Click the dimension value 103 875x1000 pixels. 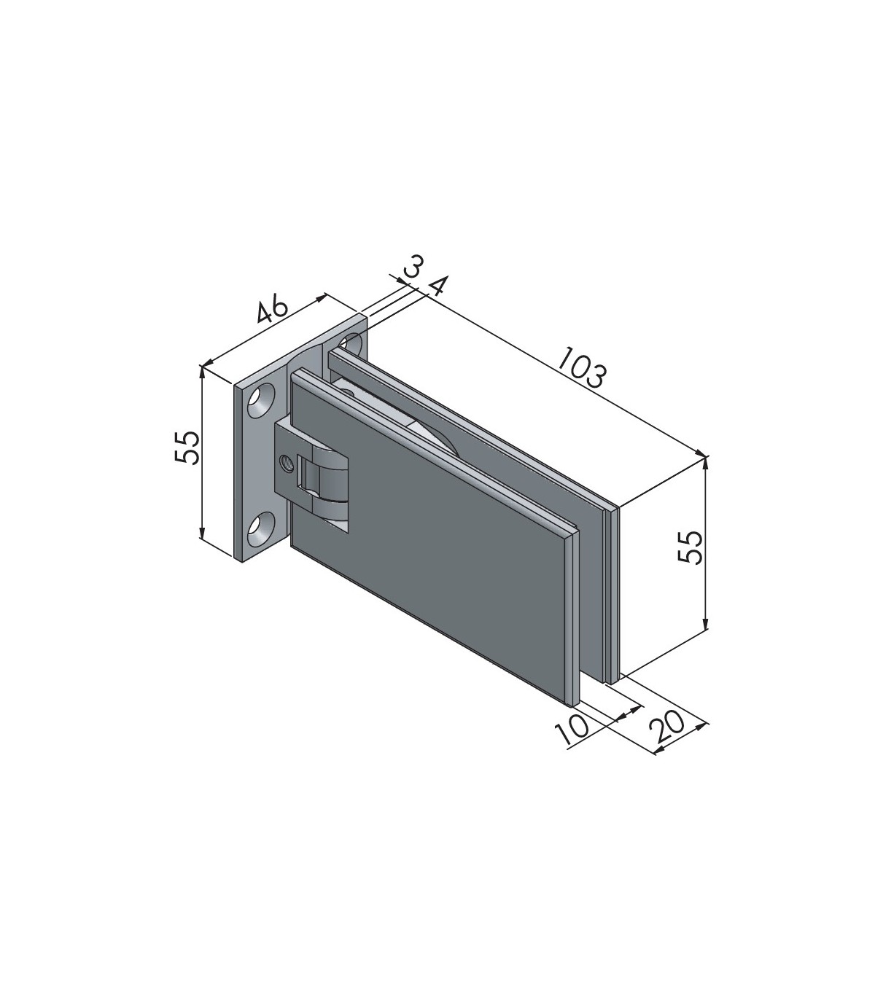click(582, 367)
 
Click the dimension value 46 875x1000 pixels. click(272, 310)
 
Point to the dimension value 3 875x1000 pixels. click(413, 267)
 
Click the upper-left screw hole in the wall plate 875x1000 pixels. click(262, 402)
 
